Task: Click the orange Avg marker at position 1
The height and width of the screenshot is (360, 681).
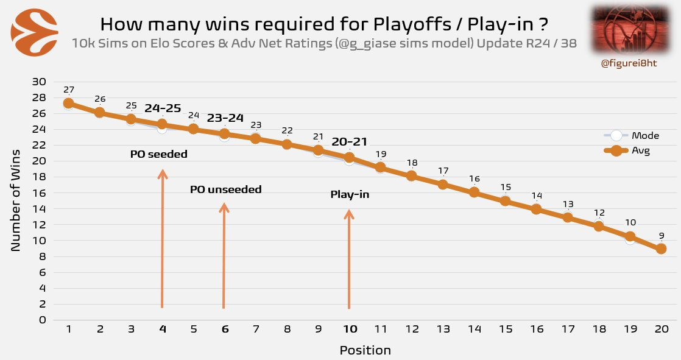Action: (x=69, y=104)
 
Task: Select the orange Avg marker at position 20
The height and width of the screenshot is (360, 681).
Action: (x=661, y=249)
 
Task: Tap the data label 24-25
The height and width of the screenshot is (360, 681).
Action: (x=163, y=108)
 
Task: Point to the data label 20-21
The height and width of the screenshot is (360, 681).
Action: (x=350, y=142)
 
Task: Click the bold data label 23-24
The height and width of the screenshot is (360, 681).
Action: (x=225, y=118)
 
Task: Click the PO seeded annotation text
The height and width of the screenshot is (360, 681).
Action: (x=159, y=155)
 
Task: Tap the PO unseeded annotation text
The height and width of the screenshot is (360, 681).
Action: (x=225, y=190)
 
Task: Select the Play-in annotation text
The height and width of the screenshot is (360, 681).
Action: (x=350, y=195)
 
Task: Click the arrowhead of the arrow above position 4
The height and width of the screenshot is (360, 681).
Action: (x=163, y=174)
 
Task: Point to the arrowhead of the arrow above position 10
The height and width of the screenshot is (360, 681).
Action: (x=349, y=214)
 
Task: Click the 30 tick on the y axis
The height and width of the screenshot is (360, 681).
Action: (x=39, y=82)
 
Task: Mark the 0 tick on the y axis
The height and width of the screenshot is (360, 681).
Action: (x=42, y=320)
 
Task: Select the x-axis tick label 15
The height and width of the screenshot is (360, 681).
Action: (x=505, y=329)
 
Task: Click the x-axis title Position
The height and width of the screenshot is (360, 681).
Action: (x=365, y=350)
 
